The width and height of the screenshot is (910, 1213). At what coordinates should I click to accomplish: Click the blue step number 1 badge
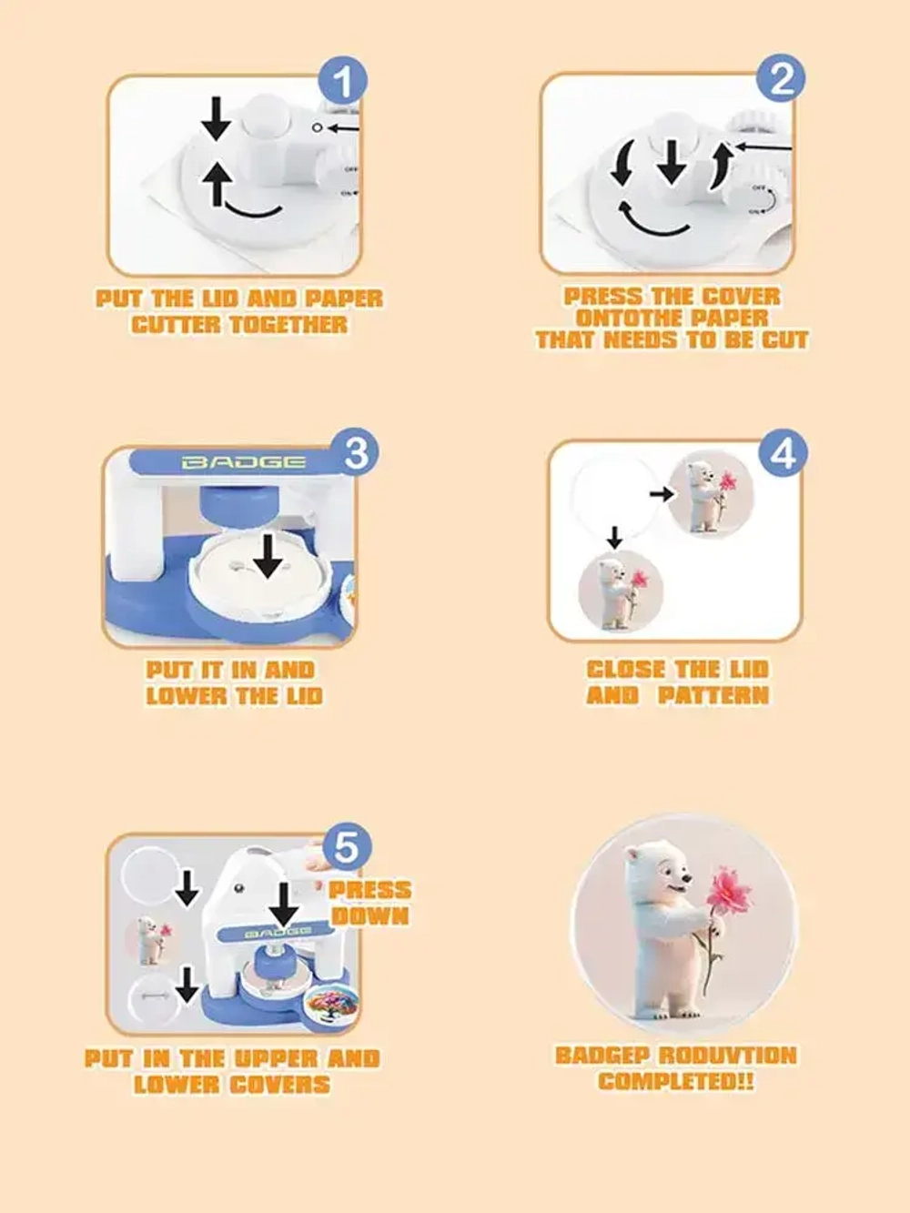point(342,80)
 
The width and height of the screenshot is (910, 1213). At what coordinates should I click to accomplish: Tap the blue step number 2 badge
point(780,78)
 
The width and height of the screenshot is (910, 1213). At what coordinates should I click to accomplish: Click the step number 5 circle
point(347,847)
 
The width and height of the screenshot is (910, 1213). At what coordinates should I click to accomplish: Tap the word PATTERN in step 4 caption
point(713,695)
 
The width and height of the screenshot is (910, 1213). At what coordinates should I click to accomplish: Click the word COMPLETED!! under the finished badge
point(676,1080)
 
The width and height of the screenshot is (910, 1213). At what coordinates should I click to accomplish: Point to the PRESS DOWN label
point(369,902)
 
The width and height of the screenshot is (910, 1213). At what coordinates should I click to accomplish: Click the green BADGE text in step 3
point(244,461)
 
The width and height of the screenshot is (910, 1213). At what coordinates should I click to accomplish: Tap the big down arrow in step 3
point(268,555)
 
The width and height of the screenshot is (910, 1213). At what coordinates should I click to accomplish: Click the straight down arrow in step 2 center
point(672,161)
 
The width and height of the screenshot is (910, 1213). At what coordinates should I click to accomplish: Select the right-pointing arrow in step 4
point(661,493)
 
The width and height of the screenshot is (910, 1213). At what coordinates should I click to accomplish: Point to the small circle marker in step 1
point(317,127)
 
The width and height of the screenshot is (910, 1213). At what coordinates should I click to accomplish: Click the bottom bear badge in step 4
point(620,591)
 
